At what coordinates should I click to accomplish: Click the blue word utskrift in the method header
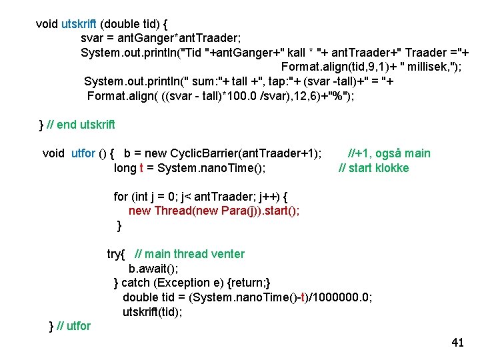point(83,24)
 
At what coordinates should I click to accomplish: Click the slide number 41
point(457,343)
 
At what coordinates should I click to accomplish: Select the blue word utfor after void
point(83,153)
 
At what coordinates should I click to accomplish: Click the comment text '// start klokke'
point(374,167)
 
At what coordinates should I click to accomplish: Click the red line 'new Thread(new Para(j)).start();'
point(213,211)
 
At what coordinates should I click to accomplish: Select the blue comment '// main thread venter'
point(189,254)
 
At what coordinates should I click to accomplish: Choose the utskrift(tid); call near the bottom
point(152,311)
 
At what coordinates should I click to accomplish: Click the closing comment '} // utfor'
point(70,326)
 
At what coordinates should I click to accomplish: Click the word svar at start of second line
point(92,38)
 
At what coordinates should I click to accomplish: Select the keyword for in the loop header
point(121,196)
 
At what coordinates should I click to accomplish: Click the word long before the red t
point(125,167)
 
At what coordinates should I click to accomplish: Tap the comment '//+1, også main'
point(389,153)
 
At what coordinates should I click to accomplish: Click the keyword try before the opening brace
point(114,254)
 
